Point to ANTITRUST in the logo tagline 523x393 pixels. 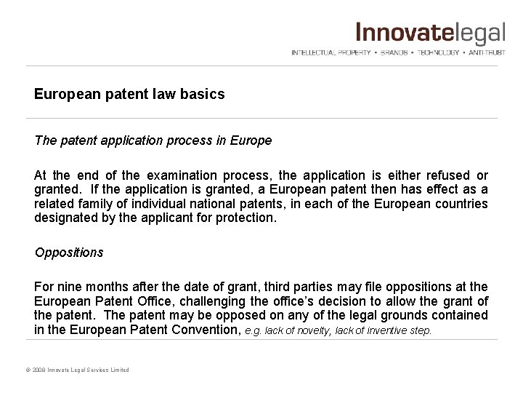point(485,53)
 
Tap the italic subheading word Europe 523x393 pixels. point(252,140)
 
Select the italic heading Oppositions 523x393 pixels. point(69,253)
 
